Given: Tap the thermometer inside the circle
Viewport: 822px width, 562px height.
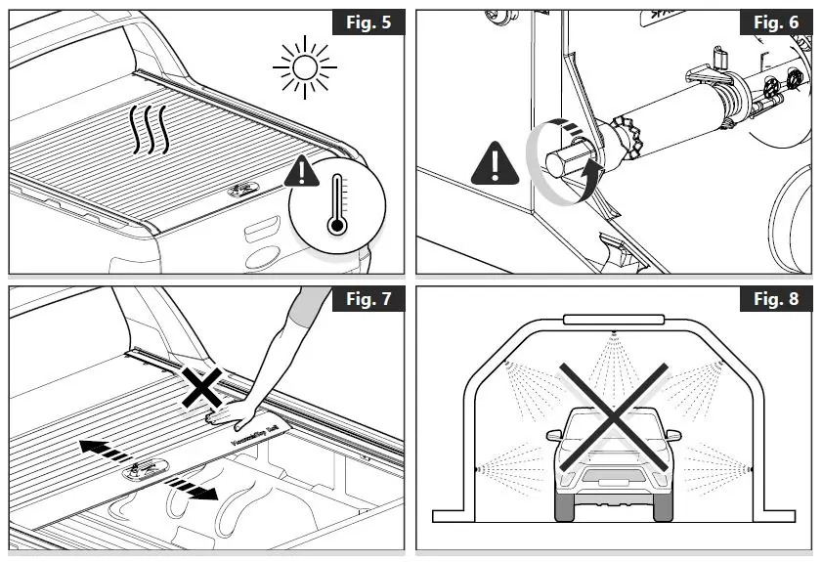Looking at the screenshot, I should (337, 204).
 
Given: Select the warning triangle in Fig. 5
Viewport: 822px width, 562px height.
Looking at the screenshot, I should (306, 173).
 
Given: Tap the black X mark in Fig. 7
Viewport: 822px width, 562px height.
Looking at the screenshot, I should (202, 388).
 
